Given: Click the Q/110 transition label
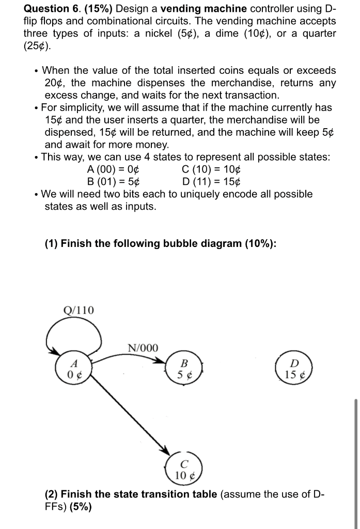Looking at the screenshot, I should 79,310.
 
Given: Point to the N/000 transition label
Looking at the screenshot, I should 143,348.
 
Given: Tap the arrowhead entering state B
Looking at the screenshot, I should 162,361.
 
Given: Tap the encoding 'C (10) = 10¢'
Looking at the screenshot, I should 212,169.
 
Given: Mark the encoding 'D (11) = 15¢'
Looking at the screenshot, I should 212,182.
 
